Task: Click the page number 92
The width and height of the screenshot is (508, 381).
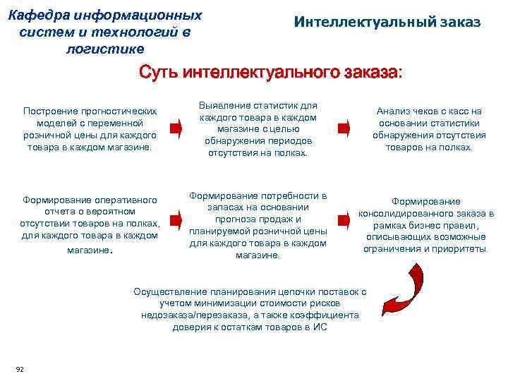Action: click(x=19, y=368)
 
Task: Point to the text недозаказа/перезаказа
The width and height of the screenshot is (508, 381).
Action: click(x=189, y=315)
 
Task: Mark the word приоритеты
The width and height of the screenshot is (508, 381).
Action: click(x=462, y=249)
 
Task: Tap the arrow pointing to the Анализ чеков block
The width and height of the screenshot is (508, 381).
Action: click(x=344, y=128)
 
